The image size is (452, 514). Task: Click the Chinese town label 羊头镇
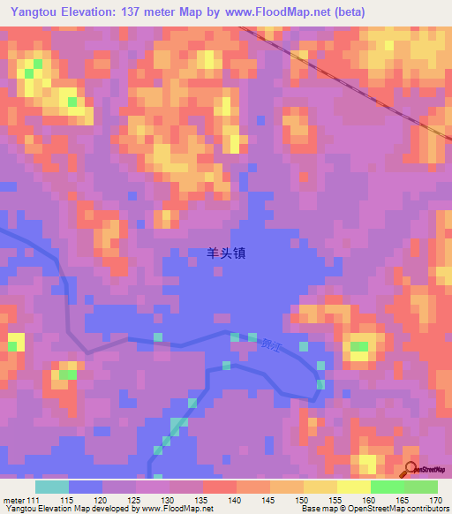point(226,253)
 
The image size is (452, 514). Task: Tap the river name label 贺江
point(267,344)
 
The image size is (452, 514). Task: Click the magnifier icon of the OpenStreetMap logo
point(411,469)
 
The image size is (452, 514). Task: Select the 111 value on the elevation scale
point(34,500)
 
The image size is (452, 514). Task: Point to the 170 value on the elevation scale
point(434,500)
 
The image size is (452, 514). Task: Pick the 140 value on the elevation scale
point(233,500)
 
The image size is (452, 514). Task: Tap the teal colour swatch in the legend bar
point(52,487)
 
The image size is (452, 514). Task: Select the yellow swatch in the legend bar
point(354,487)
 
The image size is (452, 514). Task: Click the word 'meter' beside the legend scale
point(13,500)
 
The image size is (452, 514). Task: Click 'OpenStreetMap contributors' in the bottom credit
point(402,509)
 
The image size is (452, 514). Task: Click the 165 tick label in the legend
point(401,500)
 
